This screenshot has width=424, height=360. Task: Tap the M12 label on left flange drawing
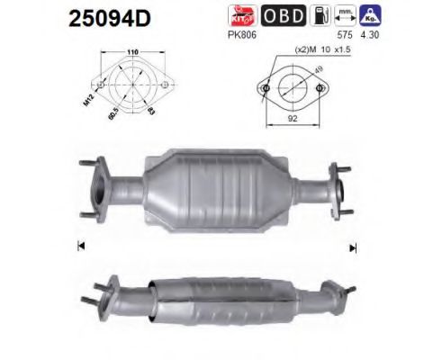[89, 94]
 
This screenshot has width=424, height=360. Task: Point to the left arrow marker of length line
[82, 246]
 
